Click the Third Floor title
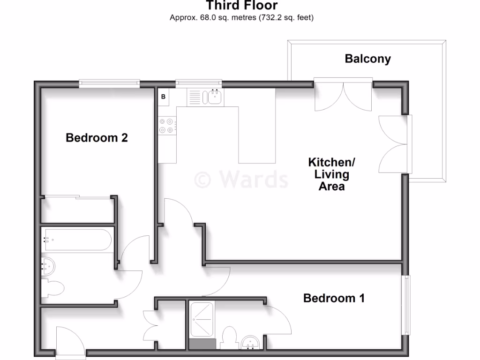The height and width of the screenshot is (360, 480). pos(242,6)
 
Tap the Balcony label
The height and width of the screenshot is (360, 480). pos(367,59)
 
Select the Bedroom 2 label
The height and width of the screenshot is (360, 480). pos(97,138)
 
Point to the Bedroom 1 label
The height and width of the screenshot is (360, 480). pos(334,298)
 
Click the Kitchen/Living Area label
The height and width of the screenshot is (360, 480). pos(332,174)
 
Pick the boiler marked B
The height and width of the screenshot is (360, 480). pos(164,97)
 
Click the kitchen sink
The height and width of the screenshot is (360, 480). pos(215,97)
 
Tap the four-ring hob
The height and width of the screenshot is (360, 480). pos(167,125)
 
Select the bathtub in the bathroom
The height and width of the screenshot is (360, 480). pos(77,240)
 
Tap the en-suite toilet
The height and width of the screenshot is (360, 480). pos(229,337)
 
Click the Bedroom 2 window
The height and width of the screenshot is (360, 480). pos(109,84)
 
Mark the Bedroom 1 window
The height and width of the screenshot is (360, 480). pos(406,305)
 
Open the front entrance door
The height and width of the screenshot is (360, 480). pos(70,342)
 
